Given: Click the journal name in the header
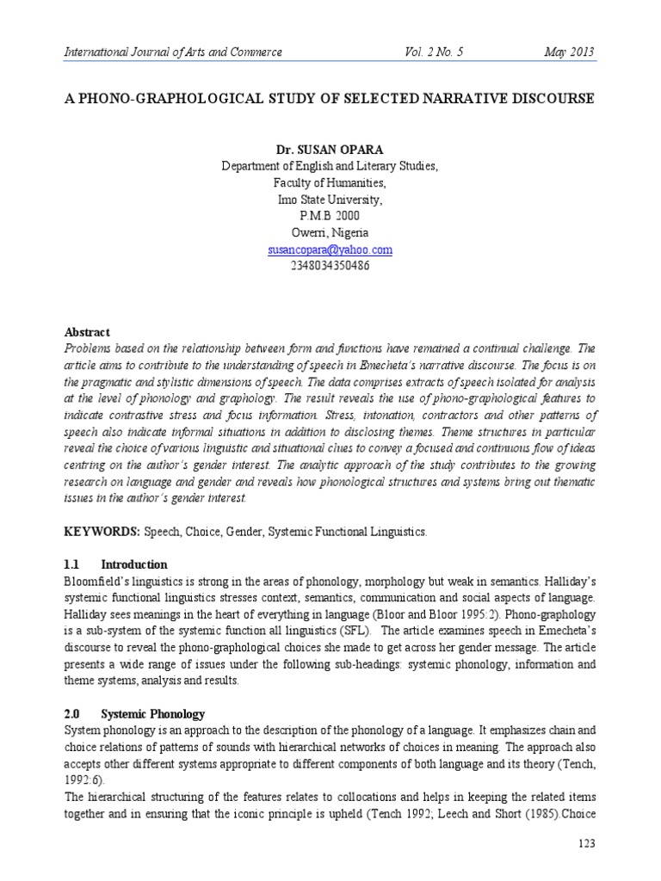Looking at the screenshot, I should pos(173,52).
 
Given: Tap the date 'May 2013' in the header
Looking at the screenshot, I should pos(569,52).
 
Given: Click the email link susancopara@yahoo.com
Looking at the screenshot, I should pos(330,250).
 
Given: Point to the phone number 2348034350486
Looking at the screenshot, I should pos(330,266).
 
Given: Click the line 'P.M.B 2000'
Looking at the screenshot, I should pos(330,217).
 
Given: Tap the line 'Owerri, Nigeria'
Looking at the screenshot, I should pos(330,233).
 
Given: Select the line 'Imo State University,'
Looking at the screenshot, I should pos(330,200).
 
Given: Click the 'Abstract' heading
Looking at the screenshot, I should pos(88,331).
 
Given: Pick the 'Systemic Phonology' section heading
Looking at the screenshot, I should pos(152,714).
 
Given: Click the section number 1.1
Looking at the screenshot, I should pos(72,564).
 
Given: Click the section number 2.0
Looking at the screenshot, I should pos(73,714).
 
